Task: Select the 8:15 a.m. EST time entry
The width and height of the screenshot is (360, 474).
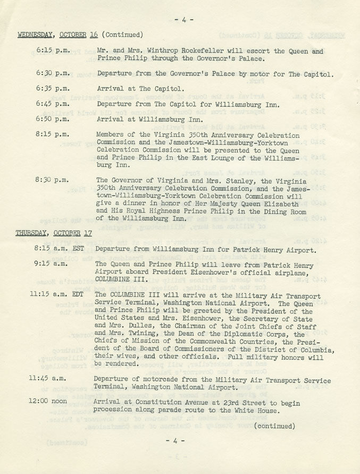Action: point(60,249)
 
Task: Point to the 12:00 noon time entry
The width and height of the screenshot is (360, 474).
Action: point(52,402)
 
